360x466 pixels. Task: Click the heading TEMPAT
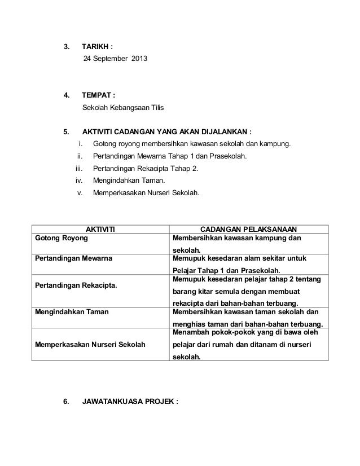pyautogui.click(x=98, y=95)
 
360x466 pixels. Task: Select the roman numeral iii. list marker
pyautogui.click(x=79, y=169)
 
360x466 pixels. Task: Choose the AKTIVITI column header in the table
pyautogui.click(x=100, y=229)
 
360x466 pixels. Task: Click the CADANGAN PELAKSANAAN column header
pyautogui.click(x=249, y=229)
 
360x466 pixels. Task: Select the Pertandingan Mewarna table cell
pyautogui.click(x=73, y=258)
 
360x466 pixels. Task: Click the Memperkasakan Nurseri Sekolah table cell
pyautogui.click(x=90, y=344)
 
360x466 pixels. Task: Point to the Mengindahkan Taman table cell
pyautogui.click(x=72, y=311)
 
